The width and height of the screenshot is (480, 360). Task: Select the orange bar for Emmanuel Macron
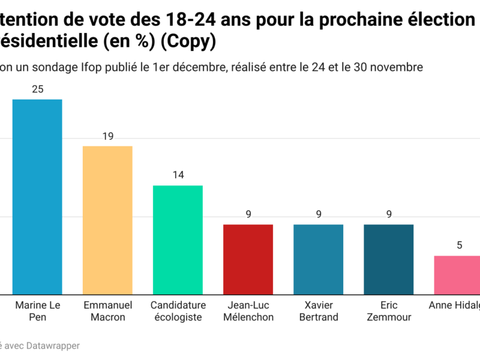[x=107, y=220]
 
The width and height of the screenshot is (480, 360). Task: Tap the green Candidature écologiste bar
[x=178, y=240]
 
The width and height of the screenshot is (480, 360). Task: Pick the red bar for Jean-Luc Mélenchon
[x=248, y=259]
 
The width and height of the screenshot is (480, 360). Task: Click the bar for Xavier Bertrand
[x=318, y=259]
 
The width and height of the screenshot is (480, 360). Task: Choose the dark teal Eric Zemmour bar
[x=388, y=259]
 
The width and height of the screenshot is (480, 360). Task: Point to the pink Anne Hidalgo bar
[x=457, y=275]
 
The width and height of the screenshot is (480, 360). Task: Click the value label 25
[x=37, y=89]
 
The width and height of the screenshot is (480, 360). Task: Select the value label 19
[x=107, y=136]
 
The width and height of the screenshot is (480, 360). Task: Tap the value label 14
[x=178, y=175]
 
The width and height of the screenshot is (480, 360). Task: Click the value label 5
[x=459, y=245]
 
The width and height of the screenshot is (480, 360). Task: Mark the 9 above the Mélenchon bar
[x=248, y=214]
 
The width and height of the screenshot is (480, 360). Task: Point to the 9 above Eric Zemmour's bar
[x=388, y=214]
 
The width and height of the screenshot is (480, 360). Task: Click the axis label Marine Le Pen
[x=37, y=311]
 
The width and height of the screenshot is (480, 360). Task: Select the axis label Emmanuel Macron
[x=107, y=311]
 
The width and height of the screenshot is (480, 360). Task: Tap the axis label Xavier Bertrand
[x=318, y=311]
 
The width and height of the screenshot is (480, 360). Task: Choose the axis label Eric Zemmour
[x=388, y=311]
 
